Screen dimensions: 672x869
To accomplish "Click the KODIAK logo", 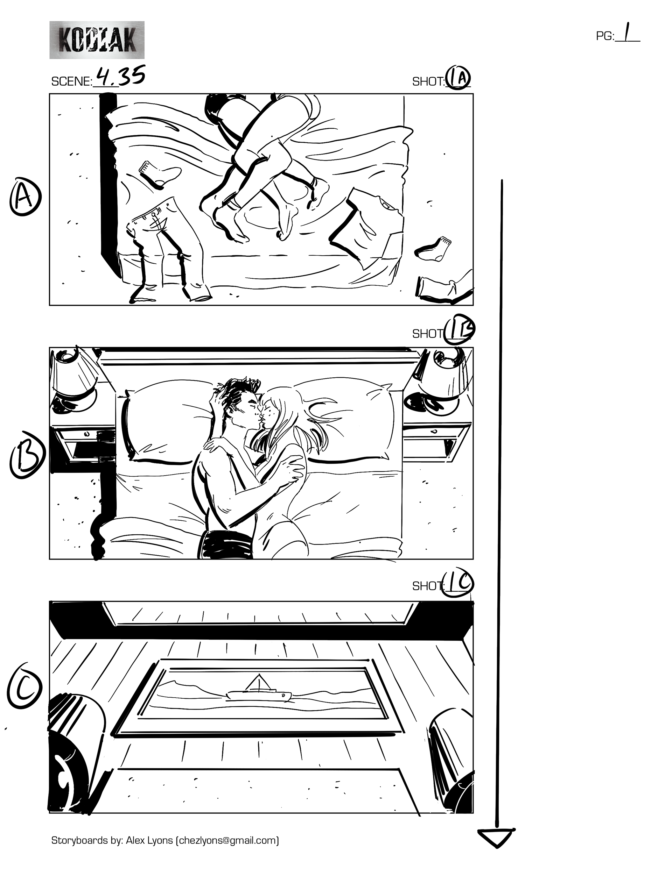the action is coord(97,40).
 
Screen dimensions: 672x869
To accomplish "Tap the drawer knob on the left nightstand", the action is coord(87,433).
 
